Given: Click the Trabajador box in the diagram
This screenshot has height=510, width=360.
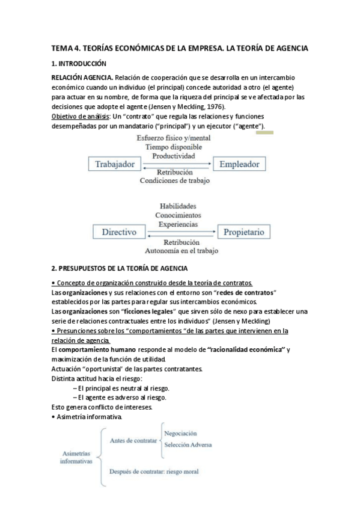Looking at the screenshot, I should [x=115, y=164].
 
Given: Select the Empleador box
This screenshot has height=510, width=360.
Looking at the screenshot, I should [x=239, y=164].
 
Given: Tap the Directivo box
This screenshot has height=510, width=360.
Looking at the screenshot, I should [x=119, y=232].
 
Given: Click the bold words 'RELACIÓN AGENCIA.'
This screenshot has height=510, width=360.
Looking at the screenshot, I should [x=82, y=78].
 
